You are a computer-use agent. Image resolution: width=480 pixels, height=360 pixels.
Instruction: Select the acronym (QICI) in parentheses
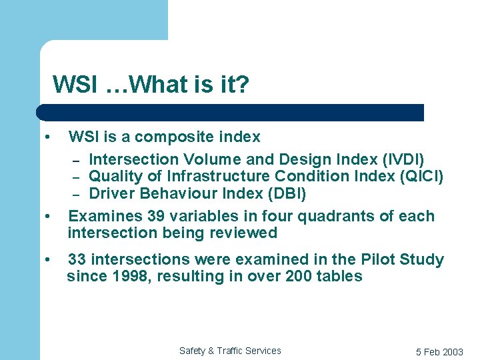[x=419, y=177]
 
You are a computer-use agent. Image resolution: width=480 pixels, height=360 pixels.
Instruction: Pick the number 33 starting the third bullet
[x=77, y=260]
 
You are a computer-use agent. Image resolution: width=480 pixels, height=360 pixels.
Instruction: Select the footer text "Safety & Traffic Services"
[x=230, y=351]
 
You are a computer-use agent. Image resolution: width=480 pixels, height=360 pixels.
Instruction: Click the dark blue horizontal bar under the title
[x=230, y=113]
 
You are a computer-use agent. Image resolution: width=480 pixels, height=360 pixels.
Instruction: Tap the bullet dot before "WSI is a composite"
[x=47, y=137]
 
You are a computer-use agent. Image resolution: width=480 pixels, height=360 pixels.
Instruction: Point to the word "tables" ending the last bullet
[x=339, y=277]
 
